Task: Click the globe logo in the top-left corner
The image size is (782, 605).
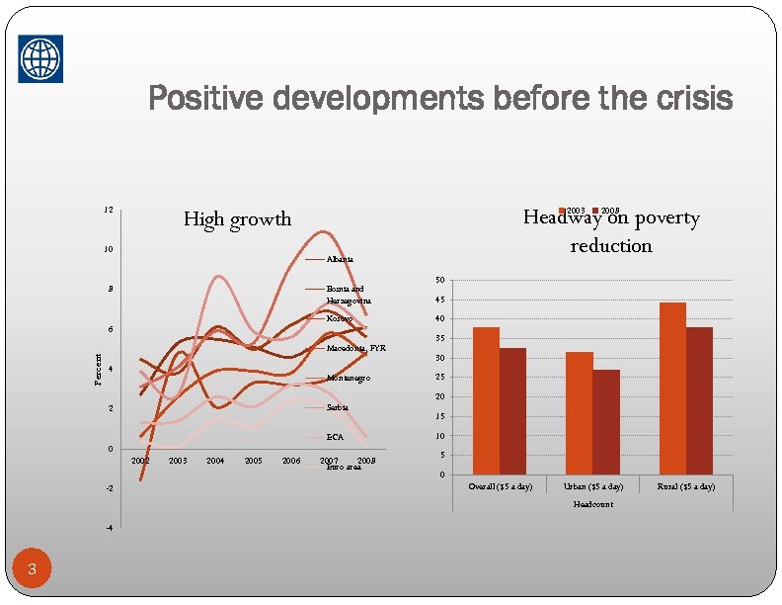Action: coord(39,58)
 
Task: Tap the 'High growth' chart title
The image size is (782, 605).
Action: coord(237,218)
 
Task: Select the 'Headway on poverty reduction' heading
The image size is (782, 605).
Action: coord(611,231)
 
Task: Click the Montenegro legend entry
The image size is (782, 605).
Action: coord(349,379)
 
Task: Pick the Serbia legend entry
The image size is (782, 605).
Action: coord(338,407)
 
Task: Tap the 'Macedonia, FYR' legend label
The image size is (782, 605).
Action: coord(356,348)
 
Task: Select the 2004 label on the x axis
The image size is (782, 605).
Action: coord(215,461)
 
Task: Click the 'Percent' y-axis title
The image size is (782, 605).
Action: coord(97,369)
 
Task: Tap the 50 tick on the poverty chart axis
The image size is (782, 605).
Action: coord(439,280)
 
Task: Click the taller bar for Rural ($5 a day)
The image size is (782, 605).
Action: coord(672,389)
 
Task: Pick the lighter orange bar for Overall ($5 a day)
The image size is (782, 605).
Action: coord(486,400)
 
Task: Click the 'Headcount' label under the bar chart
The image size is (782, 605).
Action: coord(591,504)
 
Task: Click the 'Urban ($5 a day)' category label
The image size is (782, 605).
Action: coord(592,486)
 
